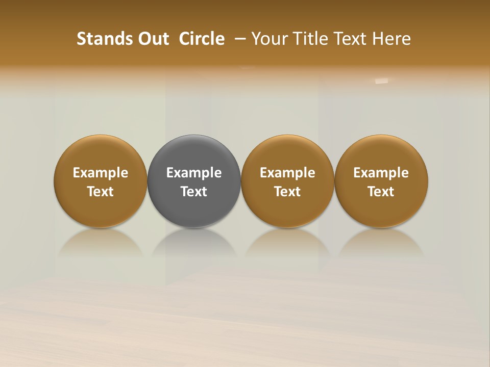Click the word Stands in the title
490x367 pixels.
pos(99,39)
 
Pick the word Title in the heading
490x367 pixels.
pos(308,39)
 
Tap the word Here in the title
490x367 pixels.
pos(391,39)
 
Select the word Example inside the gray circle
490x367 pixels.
pos(194,173)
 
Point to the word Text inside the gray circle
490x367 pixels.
pos(194,192)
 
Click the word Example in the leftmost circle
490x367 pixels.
pos(101,173)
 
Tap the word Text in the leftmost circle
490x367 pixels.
pos(101,192)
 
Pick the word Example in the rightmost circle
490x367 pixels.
pos(381,173)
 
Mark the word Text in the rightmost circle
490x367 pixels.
pos(381,192)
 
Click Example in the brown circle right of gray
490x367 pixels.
pos(287,173)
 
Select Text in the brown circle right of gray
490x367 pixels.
pos(287,192)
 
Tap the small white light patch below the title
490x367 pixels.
pos(381,81)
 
